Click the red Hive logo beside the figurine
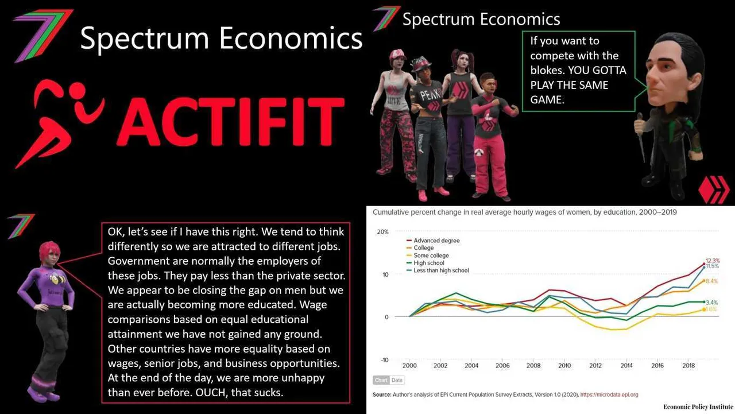(x=714, y=189)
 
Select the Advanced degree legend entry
(x=433, y=241)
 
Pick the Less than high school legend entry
(x=438, y=270)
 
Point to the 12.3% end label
(x=713, y=261)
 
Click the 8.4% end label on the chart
(x=711, y=281)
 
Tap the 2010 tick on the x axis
(x=564, y=365)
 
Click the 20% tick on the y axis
(x=382, y=232)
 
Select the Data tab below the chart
(x=397, y=380)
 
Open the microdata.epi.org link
(x=609, y=394)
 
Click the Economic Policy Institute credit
(x=698, y=407)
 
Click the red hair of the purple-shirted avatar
(x=49, y=251)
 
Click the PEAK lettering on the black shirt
(x=430, y=95)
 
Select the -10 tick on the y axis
(x=384, y=360)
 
